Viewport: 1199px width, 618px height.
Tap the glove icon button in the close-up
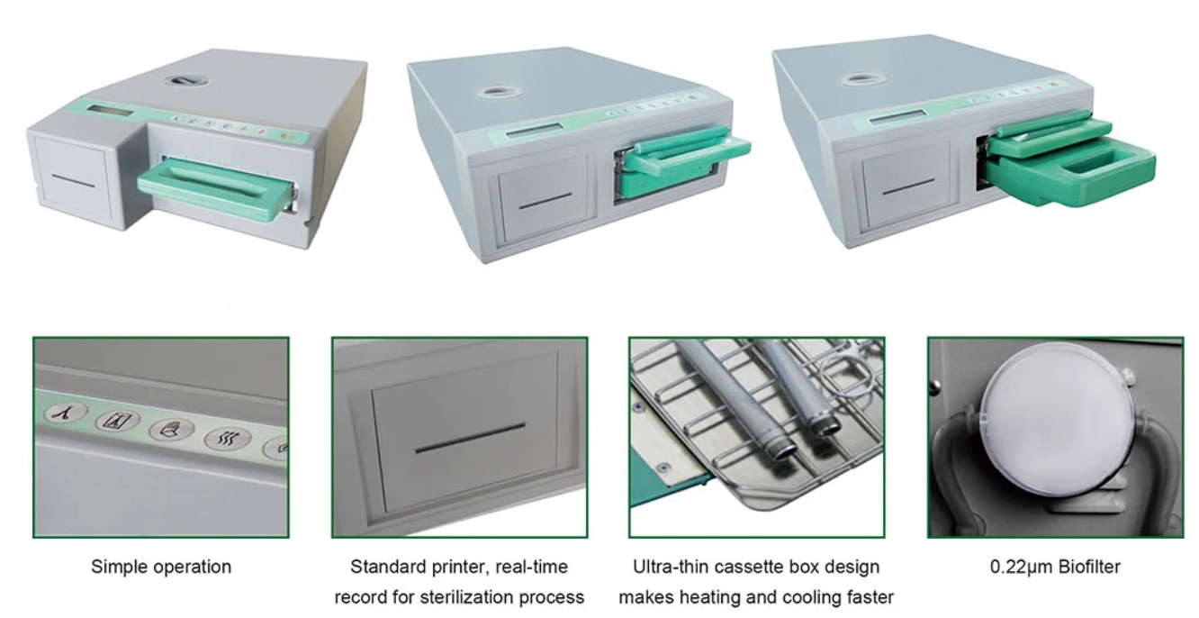coord(171,430)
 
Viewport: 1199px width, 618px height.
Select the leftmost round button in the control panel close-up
coord(67,413)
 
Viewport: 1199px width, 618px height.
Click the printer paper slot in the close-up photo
coord(470,438)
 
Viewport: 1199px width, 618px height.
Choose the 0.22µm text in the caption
coord(1015,567)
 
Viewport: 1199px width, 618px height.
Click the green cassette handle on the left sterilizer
coord(215,189)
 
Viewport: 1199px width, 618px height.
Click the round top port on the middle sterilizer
coord(496,92)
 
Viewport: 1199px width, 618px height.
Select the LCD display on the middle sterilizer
coord(534,130)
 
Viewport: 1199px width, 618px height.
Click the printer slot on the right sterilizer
coord(908,186)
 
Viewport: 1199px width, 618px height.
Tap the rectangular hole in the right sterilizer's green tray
coord(1095,168)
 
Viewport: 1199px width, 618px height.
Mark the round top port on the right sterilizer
coord(860,80)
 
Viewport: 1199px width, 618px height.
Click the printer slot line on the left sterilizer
coord(74,181)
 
